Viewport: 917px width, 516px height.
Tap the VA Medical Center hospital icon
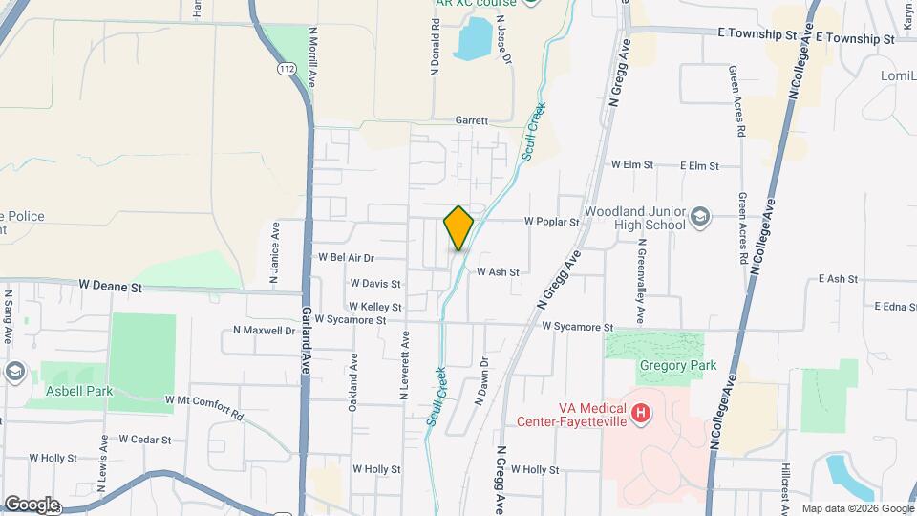(x=642, y=414)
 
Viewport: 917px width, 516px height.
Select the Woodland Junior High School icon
(x=700, y=217)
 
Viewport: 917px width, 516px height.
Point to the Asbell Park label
(x=79, y=391)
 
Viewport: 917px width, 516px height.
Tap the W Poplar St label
(x=552, y=222)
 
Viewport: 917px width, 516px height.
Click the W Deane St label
(x=110, y=286)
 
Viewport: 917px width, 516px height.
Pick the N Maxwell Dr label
(x=265, y=331)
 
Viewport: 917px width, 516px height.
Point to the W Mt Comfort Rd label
(x=204, y=405)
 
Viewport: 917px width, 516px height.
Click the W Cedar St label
(x=145, y=441)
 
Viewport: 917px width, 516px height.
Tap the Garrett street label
(x=471, y=121)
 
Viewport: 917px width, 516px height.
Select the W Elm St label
(x=631, y=165)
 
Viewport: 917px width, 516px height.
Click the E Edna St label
(x=895, y=307)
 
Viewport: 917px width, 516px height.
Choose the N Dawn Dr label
(x=484, y=375)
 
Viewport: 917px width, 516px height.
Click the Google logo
(x=31, y=505)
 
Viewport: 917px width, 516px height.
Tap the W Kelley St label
(x=374, y=307)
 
